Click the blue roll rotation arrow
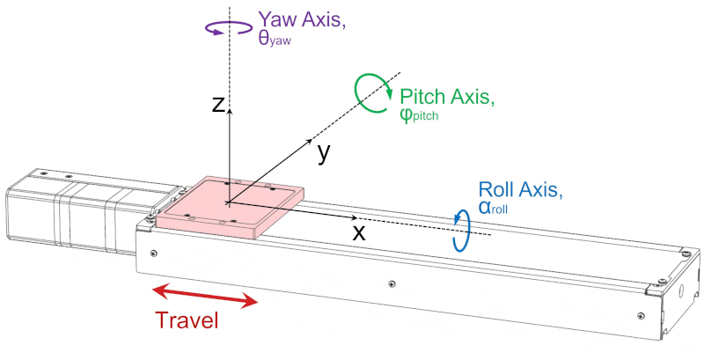coord(460,231)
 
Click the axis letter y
coord(324,152)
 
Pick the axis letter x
coord(358,232)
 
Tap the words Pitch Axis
coord(447,97)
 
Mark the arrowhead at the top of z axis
coord(229,108)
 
